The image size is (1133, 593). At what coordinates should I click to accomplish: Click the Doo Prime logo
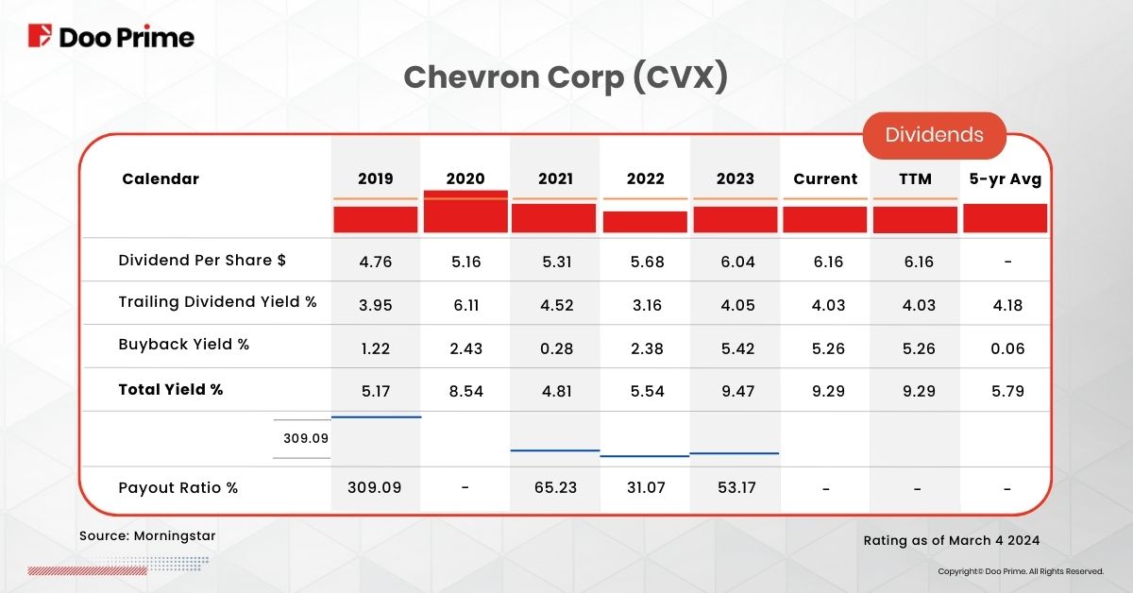(x=110, y=37)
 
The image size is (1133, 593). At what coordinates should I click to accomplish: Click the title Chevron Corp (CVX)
(x=566, y=78)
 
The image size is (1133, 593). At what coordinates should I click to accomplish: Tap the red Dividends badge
(x=934, y=135)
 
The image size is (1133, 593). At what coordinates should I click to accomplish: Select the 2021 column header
(x=555, y=178)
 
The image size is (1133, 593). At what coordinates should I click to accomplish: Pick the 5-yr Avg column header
(x=1006, y=178)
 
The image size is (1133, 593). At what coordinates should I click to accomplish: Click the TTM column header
(x=916, y=178)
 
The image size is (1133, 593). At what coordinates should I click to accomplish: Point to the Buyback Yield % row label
(x=183, y=345)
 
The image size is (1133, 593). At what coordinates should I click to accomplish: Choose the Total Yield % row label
(x=170, y=389)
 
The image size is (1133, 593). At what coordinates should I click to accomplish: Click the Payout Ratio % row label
(x=178, y=488)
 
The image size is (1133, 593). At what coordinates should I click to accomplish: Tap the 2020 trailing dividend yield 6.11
(x=465, y=304)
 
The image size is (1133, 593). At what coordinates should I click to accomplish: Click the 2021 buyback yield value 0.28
(x=555, y=348)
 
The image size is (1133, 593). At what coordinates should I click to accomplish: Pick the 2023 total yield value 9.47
(x=736, y=390)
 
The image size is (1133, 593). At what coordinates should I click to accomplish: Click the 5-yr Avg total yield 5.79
(x=1007, y=390)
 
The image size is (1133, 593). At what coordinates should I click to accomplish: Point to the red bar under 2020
(x=465, y=212)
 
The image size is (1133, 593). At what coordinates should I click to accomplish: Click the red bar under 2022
(x=645, y=222)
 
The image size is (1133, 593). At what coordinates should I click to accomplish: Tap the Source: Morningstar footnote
(x=147, y=536)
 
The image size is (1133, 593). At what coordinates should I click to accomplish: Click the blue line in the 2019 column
(x=376, y=416)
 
